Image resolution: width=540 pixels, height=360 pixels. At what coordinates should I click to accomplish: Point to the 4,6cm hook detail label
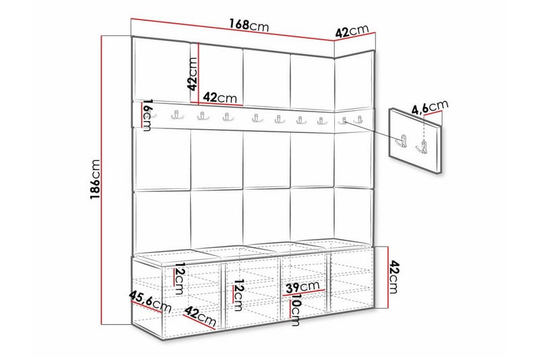click(x=429, y=107)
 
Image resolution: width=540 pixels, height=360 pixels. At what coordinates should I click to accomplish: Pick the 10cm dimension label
click(x=295, y=311)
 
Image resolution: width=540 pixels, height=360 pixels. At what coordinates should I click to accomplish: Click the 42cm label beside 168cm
click(x=352, y=32)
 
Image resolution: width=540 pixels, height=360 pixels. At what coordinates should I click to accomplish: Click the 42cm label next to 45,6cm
click(x=200, y=315)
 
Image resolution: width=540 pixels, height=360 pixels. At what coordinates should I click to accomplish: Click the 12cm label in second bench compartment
click(x=238, y=292)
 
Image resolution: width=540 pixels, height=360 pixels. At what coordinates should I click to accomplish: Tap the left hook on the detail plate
click(x=402, y=141)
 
